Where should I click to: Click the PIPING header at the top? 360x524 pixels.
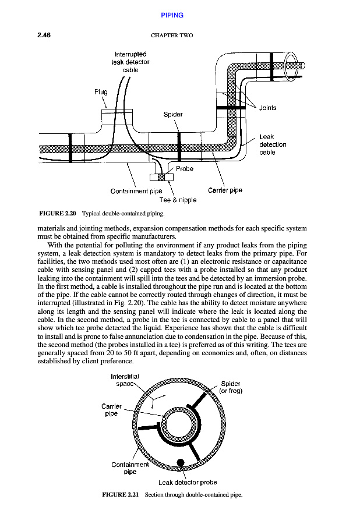pos(172,15)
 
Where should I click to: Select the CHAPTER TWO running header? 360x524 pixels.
pos(172,36)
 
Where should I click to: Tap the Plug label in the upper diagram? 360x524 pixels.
pos(101,92)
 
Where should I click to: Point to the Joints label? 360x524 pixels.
pos(268,108)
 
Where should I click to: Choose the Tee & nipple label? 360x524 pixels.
pos(178,200)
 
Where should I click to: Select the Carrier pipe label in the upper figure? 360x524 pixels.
pos(225,190)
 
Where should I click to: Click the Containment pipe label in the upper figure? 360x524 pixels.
pos(136,190)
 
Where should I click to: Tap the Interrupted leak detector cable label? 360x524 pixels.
pos(130,62)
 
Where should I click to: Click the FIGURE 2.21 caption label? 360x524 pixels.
pos(121,494)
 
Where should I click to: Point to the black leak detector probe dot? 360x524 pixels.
pos(181,462)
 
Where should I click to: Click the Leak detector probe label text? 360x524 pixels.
pos(188,482)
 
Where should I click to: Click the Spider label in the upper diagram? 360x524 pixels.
pos(173,114)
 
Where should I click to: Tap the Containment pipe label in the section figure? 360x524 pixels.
pos(130,468)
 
